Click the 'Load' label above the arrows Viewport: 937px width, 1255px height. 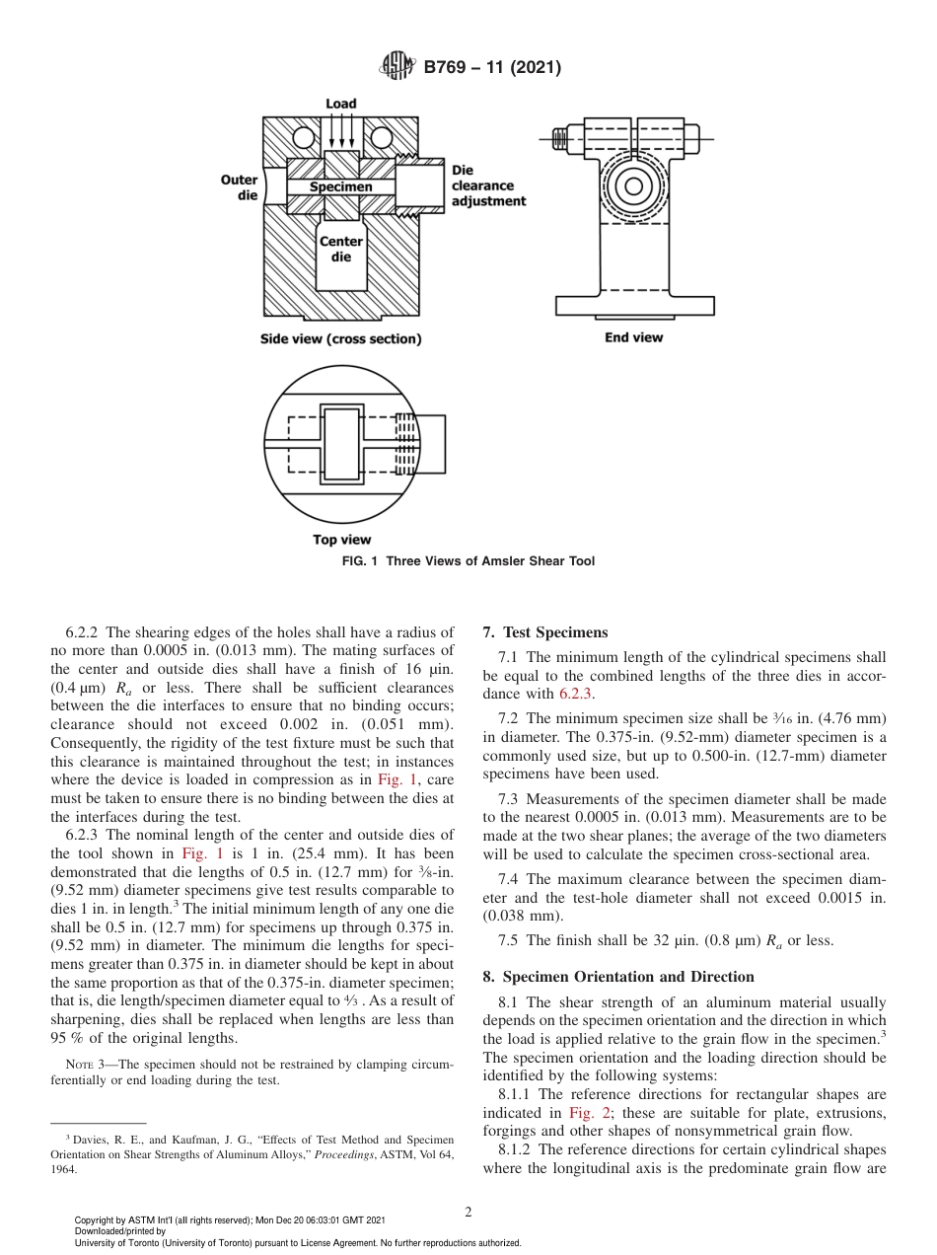click(341, 104)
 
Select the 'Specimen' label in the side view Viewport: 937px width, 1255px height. click(340, 186)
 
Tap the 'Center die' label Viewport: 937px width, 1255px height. click(340, 249)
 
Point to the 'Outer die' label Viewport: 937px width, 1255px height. click(240, 187)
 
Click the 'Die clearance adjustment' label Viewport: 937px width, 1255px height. click(487, 185)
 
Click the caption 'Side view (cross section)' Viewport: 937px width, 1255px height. click(340, 338)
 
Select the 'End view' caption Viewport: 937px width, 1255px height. click(633, 337)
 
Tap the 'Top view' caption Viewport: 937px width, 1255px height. click(341, 540)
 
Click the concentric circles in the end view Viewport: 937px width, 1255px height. click(633, 185)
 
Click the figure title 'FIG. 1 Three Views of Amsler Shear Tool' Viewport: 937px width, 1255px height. click(468, 561)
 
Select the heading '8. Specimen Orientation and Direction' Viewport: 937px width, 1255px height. click(618, 977)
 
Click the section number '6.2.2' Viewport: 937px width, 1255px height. click(85, 632)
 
